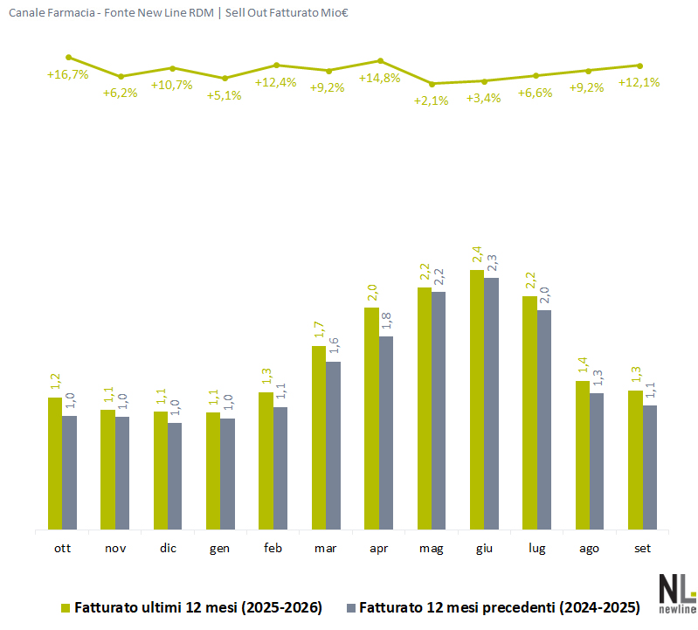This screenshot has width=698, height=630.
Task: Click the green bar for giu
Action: [x=477, y=399]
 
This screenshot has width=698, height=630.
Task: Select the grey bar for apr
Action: [x=386, y=433]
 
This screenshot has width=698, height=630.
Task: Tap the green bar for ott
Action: [x=55, y=463]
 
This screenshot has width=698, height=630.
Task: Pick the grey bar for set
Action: [x=649, y=467]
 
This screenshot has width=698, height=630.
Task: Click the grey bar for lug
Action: [x=544, y=419]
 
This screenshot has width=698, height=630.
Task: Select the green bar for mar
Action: [x=319, y=438]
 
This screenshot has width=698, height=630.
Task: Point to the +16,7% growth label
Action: [x=67, y=74]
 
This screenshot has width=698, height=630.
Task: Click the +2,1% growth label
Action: [x=431, y=100]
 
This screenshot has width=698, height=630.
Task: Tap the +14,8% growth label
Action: [x=380, y=79]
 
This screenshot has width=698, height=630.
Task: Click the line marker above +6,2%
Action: [x=121, y=77]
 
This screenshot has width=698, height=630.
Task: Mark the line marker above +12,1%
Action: [x=640, y=66]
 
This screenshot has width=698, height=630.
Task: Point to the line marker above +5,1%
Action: [x=225, y=79]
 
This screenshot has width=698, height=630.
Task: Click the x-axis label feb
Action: [x=273, y=548]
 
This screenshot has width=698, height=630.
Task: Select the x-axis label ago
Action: [x=589, y=549]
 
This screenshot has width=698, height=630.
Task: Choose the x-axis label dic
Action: [x=168, y=548]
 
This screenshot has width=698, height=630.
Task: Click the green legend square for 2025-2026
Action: [x=66, y=608]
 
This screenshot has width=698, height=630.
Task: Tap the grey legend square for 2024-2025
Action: [x=351, y=608]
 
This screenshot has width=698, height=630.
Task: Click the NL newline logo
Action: [x=678, y=594]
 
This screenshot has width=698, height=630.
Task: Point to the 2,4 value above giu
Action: [x=477, y=254]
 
